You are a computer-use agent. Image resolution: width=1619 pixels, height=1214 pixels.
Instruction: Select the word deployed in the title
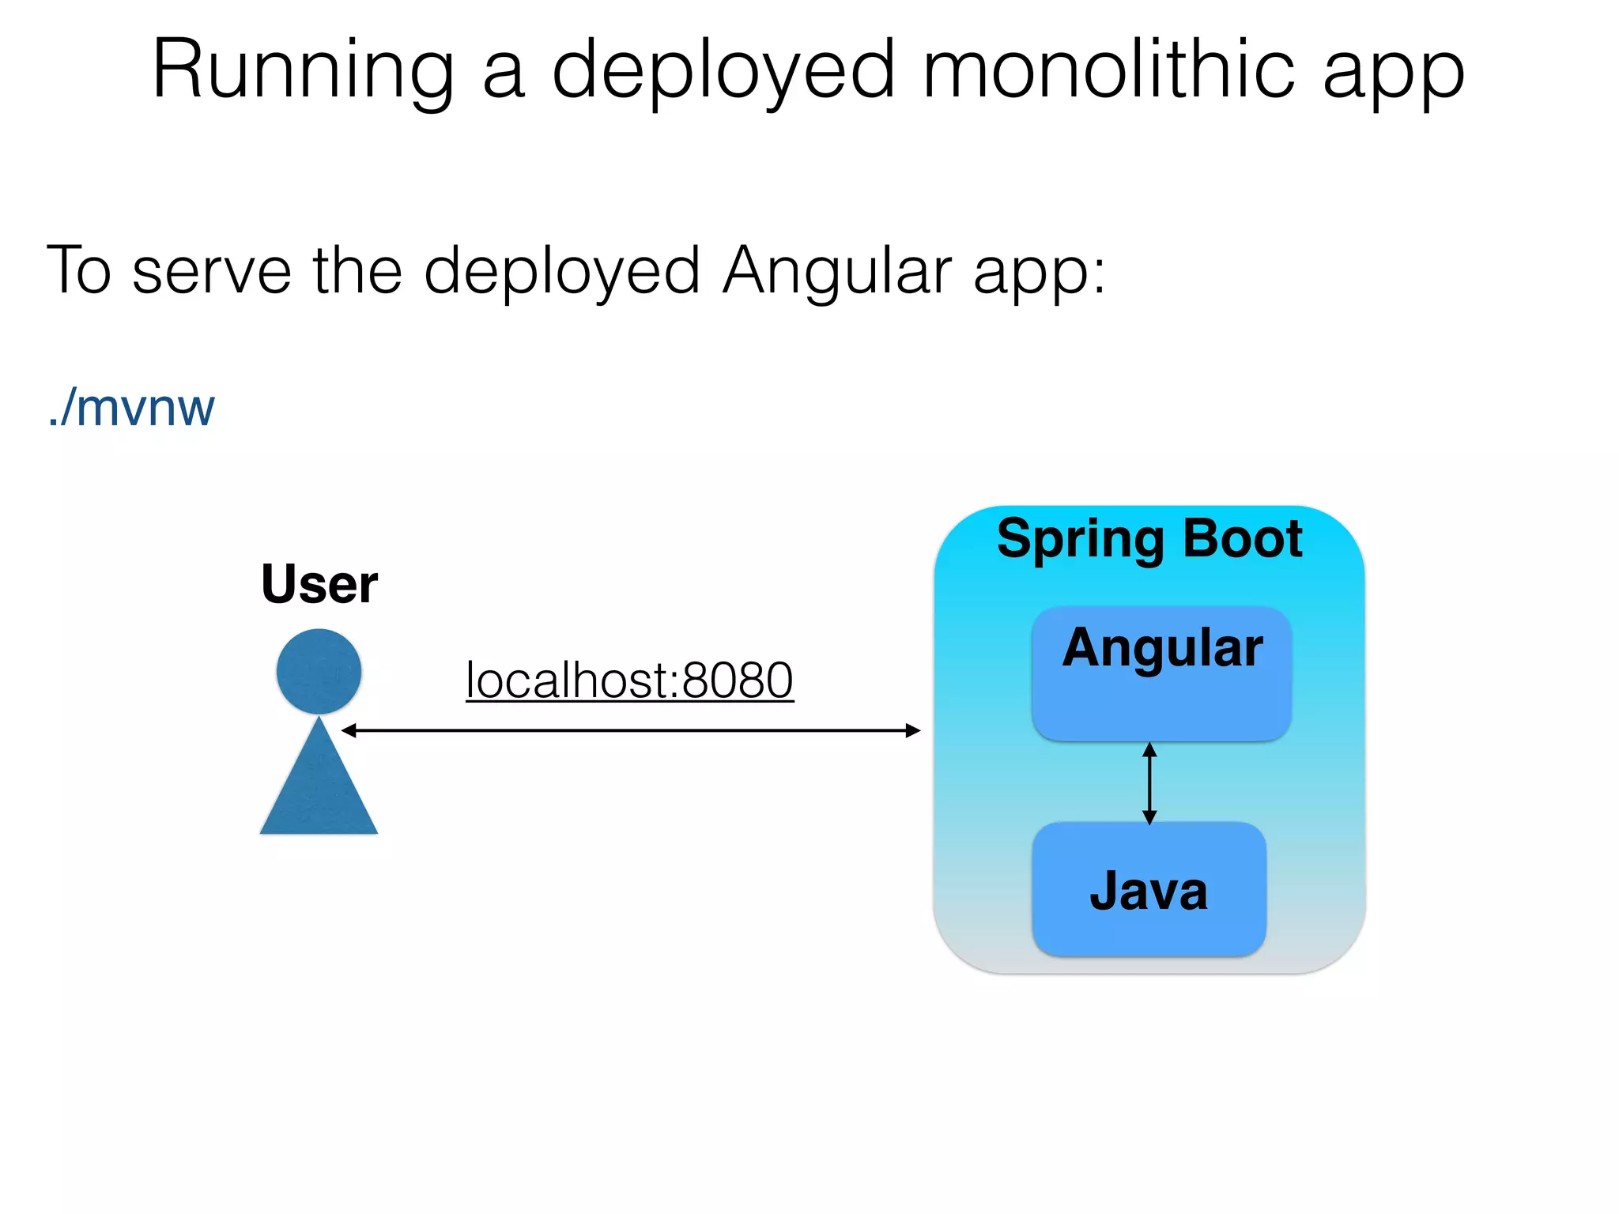tap(723, 71)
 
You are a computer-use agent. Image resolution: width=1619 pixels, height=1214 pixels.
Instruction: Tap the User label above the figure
tap(319, 584)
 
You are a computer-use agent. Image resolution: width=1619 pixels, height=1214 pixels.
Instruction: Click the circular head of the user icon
tap(319, 671)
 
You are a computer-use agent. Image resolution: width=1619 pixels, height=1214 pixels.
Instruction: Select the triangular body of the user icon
tap(319, 790)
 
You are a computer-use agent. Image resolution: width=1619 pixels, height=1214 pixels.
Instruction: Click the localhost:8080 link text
tap(629, 681)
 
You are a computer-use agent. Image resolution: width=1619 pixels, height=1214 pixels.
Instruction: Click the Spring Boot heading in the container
tap(1149, 539)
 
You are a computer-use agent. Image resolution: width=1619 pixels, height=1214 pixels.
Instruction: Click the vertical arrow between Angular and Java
tap(1150, 783)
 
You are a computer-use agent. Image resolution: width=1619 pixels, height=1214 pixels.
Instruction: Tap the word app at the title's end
tap(1394, 71)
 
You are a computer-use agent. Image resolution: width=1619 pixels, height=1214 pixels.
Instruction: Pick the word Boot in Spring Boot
tap(1242, 539)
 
